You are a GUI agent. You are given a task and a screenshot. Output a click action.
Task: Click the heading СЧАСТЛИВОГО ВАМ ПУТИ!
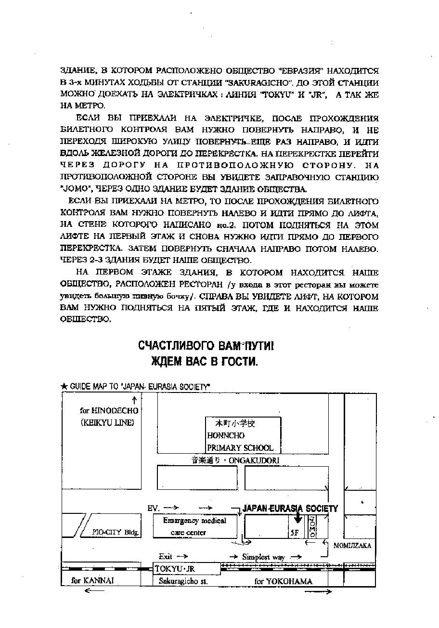(x=206, y=346)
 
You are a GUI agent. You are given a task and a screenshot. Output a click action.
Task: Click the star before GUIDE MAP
(x=65, y=387)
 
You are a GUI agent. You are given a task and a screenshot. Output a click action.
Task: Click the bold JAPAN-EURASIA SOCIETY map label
(x=290, y=509)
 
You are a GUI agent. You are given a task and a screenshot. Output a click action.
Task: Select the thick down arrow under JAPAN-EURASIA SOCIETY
(x=298, y=517)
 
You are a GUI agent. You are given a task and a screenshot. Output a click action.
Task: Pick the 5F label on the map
(x=294, y=533)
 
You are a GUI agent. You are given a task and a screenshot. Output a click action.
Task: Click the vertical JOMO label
(x=312, y=526)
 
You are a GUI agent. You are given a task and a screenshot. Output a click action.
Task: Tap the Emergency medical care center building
(x=194, y=526)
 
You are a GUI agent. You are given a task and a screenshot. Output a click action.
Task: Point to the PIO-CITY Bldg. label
(x=116, y=533)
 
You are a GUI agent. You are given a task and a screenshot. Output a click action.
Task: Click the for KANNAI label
(x=92, y=581)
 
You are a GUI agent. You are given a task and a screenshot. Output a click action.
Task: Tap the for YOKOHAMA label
(x=283, y=581)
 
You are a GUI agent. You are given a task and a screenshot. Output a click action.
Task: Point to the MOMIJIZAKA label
(x=352, y=546)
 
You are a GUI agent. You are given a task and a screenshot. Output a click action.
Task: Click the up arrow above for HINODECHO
(x=134, y=400)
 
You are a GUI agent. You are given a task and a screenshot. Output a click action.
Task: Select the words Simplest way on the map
(x=263, y=557)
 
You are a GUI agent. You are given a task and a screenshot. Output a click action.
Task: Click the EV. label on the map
(x=153, y=508)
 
